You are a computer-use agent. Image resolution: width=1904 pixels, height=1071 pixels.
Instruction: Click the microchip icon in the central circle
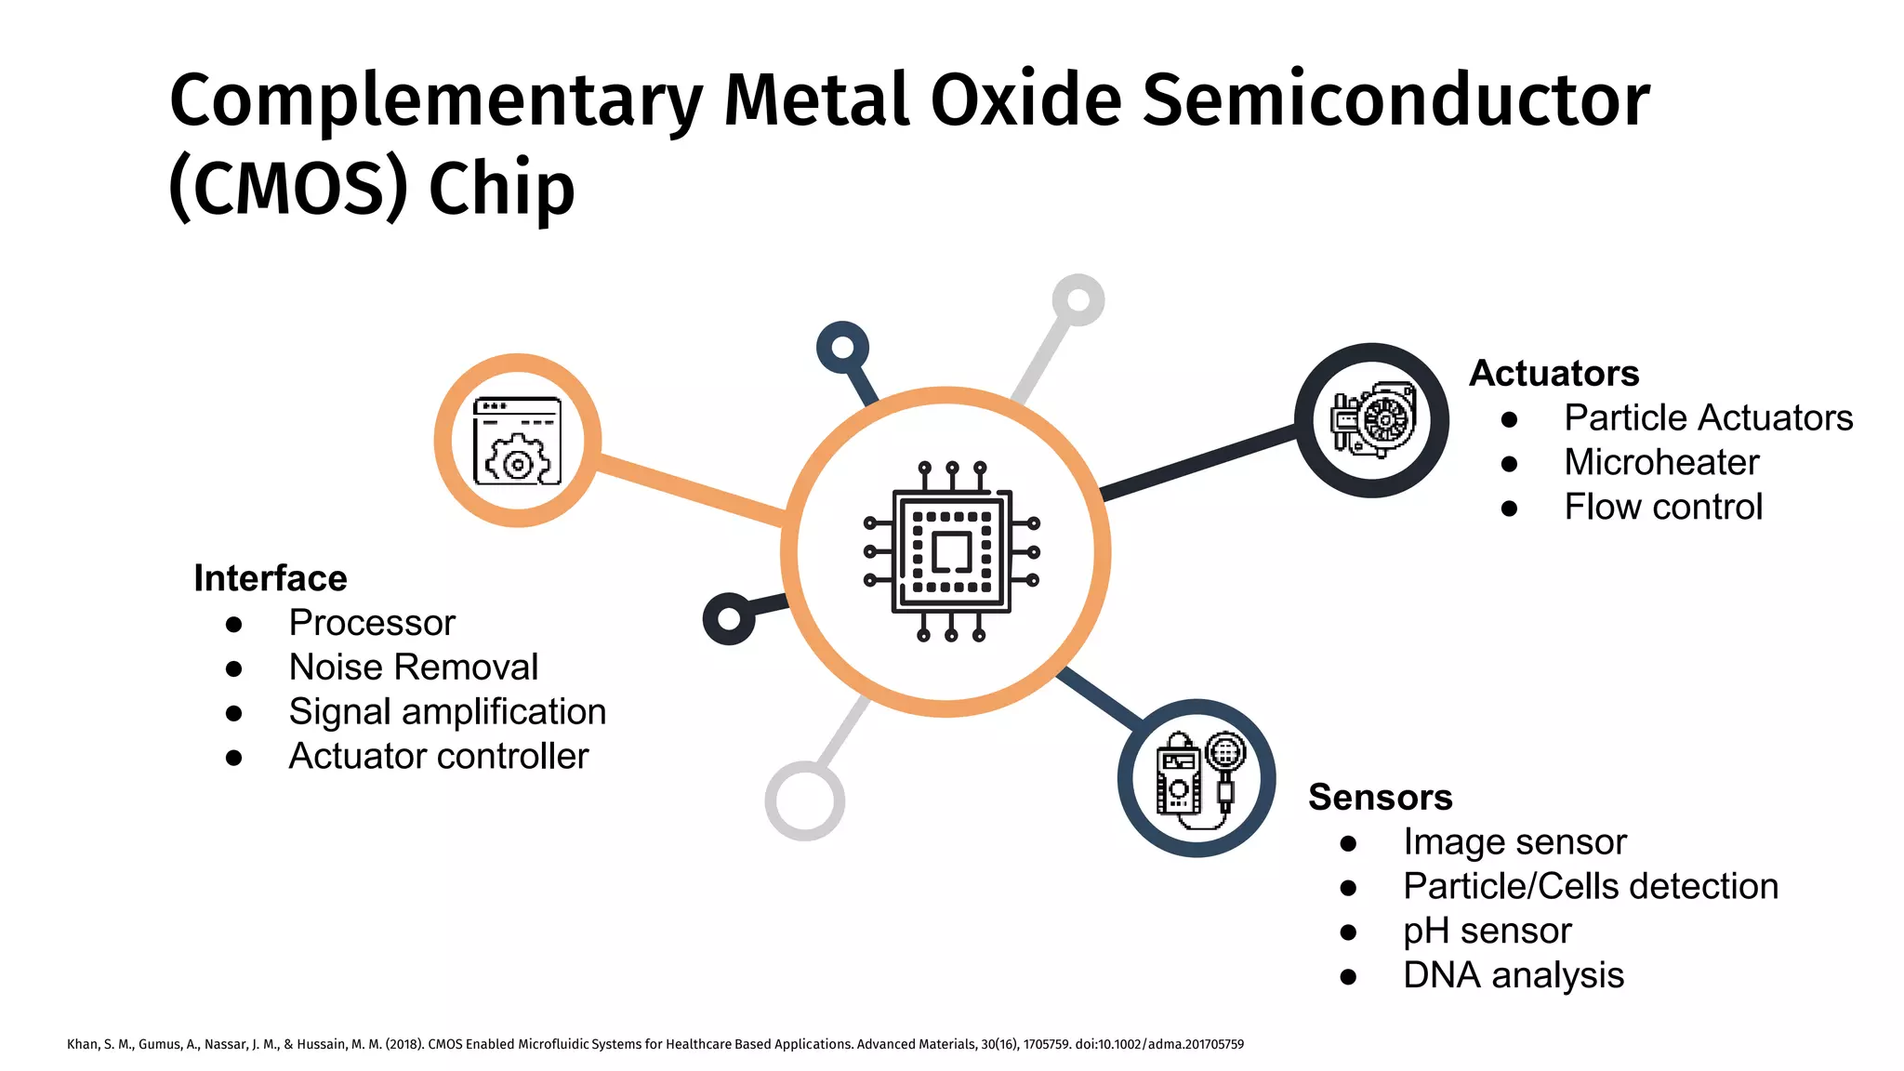click(x=950, y=552)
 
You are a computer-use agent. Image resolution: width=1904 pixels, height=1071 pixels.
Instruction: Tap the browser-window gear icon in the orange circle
click(x=518, y=441)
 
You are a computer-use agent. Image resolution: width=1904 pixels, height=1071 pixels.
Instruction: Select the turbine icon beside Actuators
click(x=1373, y=420)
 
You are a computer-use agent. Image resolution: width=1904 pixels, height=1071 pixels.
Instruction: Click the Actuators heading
click(x=1554, y=373)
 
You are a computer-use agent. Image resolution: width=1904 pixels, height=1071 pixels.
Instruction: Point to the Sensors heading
click(x=1380, y=797)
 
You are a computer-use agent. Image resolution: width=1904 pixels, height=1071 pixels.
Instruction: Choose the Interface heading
click(x=270, y=578)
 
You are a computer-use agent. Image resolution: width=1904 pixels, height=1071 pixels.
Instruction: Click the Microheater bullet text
click(x=1661, y=462)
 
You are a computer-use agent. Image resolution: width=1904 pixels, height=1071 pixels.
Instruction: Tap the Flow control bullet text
click(x=1663, y=507)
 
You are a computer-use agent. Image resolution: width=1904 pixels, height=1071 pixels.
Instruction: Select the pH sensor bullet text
click(x=1487, y=931)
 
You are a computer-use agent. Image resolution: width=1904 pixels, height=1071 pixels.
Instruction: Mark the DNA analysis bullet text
click(x=1514, y=975)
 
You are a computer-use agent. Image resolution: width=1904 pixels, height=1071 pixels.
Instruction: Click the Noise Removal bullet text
click(x=414, y=667)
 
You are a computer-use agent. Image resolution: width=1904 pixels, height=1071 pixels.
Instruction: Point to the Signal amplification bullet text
click(x=447, y=711)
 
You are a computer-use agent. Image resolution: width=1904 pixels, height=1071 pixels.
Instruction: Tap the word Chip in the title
click(x=502, y=189)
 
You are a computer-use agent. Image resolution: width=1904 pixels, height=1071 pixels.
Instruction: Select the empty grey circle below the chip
click(x=804, y=800)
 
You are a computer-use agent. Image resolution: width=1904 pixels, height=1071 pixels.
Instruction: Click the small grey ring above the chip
click(x=1078, y=300)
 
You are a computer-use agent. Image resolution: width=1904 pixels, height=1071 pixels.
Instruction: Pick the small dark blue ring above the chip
click(x=842, y=348)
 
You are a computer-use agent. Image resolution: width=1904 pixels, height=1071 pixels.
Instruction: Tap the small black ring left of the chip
click(x=729, y=619)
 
